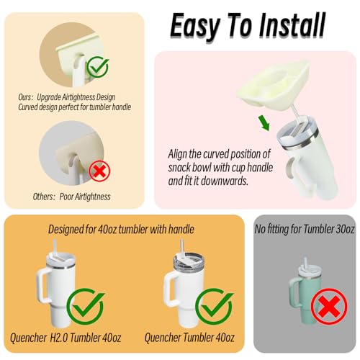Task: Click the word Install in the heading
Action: click(292, 25)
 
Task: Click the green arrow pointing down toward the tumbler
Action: click(264, 123)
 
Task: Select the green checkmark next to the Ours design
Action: click(98, 66)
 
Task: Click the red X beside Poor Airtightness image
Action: click(99, 171)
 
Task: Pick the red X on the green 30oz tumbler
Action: click(329, 307)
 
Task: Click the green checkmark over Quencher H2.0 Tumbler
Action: click(86, 307)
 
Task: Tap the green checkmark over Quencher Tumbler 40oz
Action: click(214, 307)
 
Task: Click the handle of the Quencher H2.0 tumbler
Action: click(42, 286)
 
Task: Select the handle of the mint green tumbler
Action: click(293, 293)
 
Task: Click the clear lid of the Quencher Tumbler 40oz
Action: click(189, 260)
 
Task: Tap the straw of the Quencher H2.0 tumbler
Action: click(55, 248)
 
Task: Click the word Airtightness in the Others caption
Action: click(93, 197)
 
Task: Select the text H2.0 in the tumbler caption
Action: click(59, 338)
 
